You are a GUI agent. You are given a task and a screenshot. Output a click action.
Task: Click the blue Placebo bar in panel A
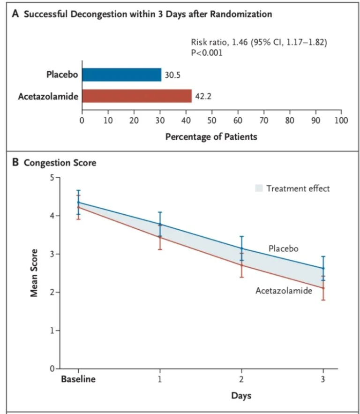(121, 75)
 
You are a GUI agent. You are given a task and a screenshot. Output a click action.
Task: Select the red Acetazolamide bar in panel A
(137, 96)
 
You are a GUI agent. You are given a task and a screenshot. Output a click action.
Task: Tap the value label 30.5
(172, 75)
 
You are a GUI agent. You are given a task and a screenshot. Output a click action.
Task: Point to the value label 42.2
(203, 96)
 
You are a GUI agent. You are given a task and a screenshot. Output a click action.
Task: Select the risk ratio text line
(259, 42)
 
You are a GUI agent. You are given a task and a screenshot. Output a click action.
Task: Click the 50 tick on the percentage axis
(212, 120)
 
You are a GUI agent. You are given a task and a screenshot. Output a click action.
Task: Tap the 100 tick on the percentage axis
(341, 120)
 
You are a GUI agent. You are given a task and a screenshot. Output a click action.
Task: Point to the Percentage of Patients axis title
(211, 137)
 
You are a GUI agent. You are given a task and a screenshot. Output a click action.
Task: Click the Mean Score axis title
(34, 273)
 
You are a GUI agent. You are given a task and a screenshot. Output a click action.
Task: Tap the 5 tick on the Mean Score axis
(52, 177)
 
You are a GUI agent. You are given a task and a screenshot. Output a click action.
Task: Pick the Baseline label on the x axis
(78, 379)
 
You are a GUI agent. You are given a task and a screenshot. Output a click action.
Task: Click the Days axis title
(241, 396)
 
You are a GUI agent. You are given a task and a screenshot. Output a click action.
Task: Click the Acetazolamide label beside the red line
(284, 291)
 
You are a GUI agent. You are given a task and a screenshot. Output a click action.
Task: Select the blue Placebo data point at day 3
(323, 269)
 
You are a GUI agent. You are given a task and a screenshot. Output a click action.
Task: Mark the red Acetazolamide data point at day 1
(160, 237)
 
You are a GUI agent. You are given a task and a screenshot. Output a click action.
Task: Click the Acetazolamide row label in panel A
(48, 96)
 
